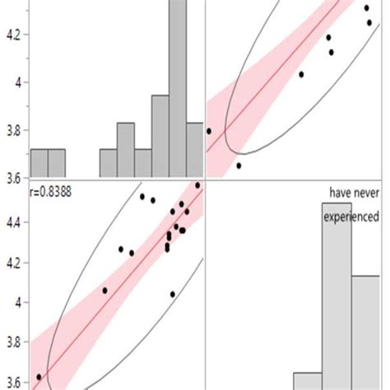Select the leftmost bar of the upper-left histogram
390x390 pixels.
click(39, 162)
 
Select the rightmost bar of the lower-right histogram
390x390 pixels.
click(365, 329)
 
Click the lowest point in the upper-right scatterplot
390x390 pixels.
click(239, 165)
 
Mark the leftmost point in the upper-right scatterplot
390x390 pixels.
click(209, 131)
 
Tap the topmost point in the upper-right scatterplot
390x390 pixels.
click(367, 8)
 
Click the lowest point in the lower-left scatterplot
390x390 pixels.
click(39, 377)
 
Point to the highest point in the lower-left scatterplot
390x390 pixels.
click(197, 185)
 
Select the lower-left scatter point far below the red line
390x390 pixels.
click(173, 294)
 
